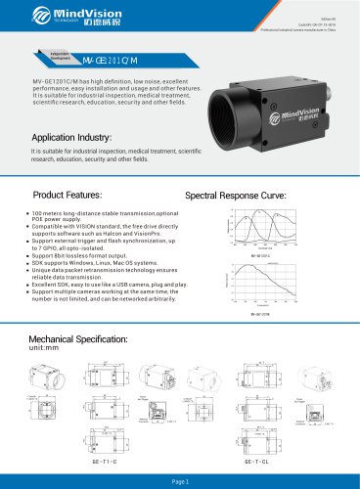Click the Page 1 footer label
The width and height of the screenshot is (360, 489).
tap(180, 482)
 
